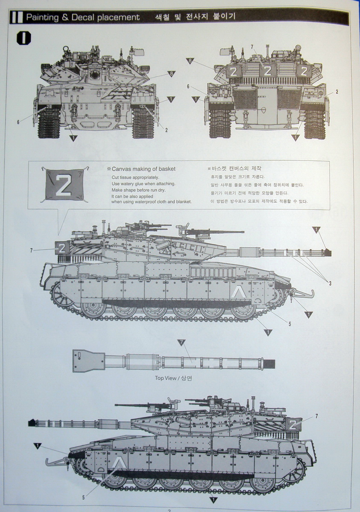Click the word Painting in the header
pyautogui.click(x=43, y=17)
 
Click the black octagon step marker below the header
pyautogui.click(x=23, y=38)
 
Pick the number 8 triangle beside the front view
pyautogui.click(x=172, y=74)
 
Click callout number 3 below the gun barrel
pyautogui.click(x=330, y=283)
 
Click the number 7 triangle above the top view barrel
pyautogui.click(x=181, y=342)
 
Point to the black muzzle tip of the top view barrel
pyautogui.click(x=271, y=364)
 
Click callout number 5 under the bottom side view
pyautogui.click(x=83, y=497)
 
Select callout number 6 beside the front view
pyautogui.click(x=18, y=122)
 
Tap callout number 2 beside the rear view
pyautogui.click(x=337, y=92)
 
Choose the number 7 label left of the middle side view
pyautogui.click(x=31, y=250)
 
